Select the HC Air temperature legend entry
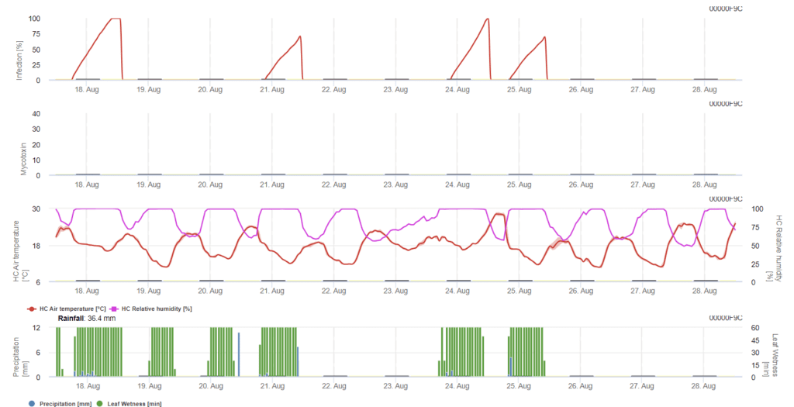click(x=64, y=309)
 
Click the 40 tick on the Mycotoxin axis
click(x=36, y=114)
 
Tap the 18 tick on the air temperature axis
click(x=36, y=246)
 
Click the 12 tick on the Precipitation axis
click(x=36, y=328)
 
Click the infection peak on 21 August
click(x=299, y=36)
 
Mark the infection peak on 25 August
click(x=545, y=36)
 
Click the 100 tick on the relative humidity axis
click(x=758, y=209)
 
